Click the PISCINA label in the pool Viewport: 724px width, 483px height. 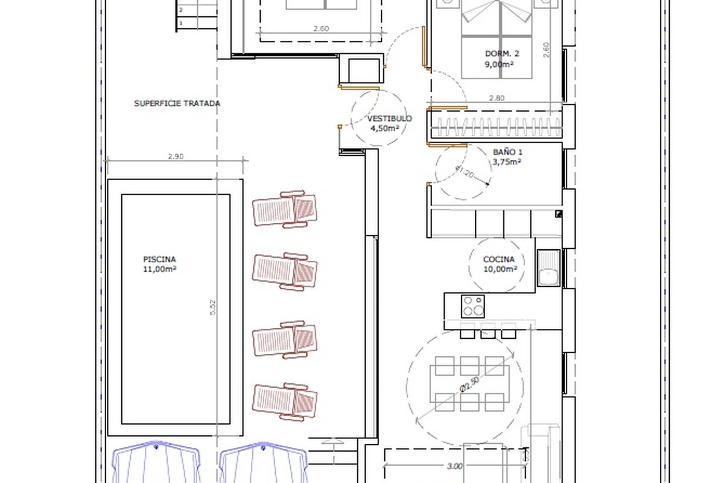[159, 259]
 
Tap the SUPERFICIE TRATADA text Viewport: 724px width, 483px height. [177, 103]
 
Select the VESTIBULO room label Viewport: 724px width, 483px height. [390, 118]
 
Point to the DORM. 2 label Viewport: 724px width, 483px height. [502, 54]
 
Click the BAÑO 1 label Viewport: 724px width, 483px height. [507, 152]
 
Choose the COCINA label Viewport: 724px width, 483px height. [499, 259]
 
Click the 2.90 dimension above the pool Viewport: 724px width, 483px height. [176, 156]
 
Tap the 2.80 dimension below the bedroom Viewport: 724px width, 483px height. [497, 98]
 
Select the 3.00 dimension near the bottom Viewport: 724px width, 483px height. [454, 466]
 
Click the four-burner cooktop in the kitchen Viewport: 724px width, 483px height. [473, 306]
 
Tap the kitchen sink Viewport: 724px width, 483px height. [548, 268]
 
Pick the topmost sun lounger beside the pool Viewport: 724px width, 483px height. [284, 209]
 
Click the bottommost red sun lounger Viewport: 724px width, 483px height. [284, 402]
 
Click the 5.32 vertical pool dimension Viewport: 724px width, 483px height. [212, 308]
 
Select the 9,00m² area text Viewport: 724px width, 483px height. [500, 64]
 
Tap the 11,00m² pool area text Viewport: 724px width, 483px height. [160, 269]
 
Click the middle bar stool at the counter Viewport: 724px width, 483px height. [487, 331]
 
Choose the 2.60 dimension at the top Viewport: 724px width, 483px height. [321, 28]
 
